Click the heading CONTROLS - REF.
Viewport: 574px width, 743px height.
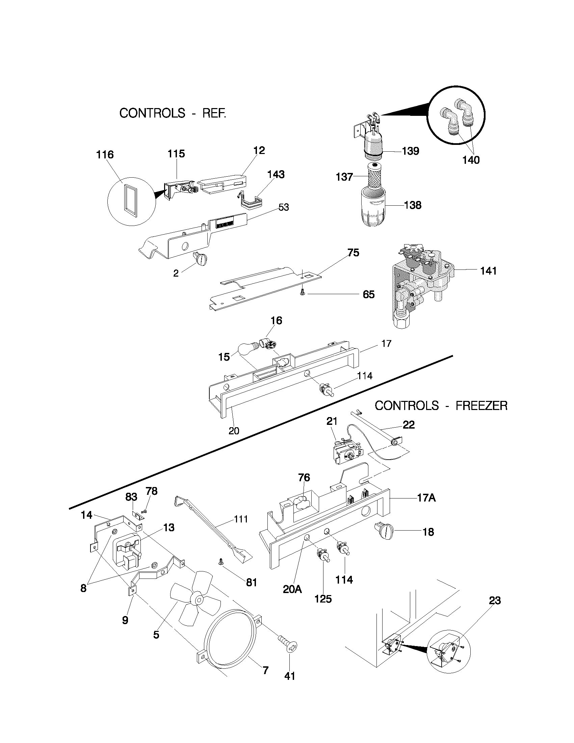(173, 113)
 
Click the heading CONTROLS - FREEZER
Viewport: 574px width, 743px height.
(441, 406)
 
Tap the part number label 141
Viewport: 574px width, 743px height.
(488, 271)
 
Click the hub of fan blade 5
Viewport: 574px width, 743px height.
(197, 599)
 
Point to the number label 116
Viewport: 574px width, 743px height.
(105, 155)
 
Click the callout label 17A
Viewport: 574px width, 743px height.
(426, 498)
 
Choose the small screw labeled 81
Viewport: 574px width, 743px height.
(221, 564)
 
